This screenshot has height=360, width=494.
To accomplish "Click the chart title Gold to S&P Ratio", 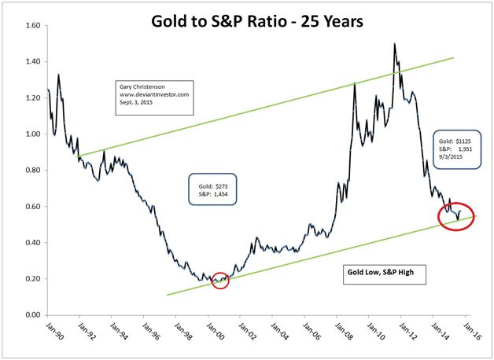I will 246,21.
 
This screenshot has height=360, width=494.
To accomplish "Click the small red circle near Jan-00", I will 220,280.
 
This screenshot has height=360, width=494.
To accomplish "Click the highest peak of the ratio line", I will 393,44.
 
